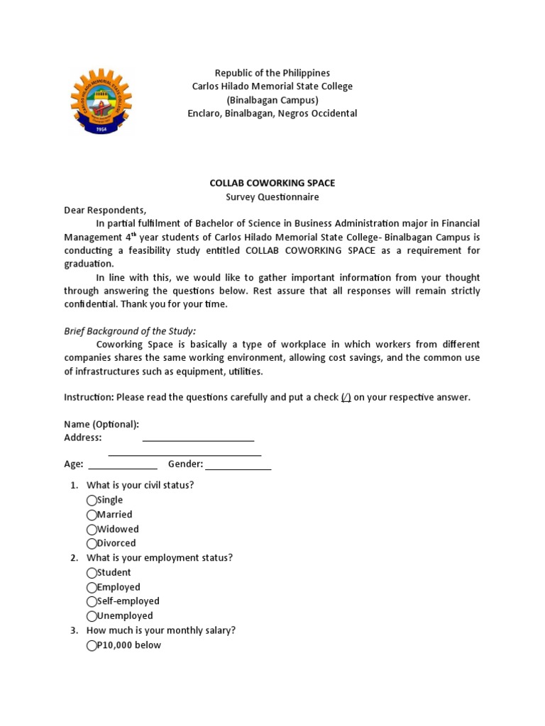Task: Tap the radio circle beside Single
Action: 92,501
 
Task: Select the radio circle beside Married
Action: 92,515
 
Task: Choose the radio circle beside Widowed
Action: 92,530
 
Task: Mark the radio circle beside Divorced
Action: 92,544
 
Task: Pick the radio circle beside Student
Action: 92,573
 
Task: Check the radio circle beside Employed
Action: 92,588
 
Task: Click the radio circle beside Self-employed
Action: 92,602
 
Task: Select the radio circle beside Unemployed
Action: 92,616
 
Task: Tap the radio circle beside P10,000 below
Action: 92,645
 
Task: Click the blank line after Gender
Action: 238,466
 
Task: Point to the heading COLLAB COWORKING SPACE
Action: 272,183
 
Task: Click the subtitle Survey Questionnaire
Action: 272,197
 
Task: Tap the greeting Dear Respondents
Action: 105,211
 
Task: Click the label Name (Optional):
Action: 101,424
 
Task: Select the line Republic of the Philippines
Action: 272,73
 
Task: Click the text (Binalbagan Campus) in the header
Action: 272,100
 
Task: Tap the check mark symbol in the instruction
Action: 346,397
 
